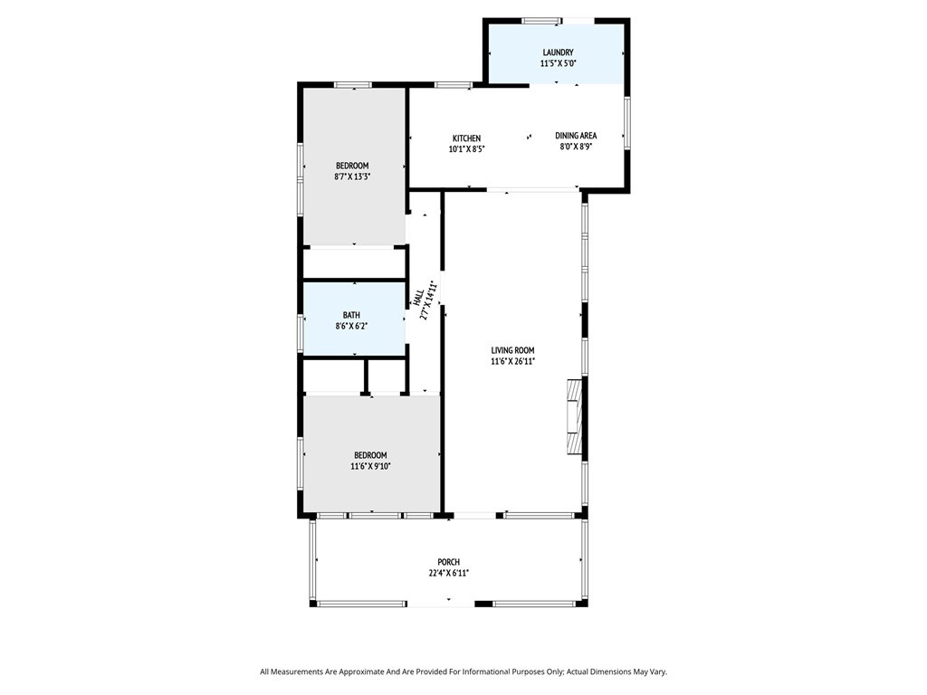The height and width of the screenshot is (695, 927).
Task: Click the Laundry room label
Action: [x=558, y=52]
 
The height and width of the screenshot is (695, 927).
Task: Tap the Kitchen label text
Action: [x=466, y=138]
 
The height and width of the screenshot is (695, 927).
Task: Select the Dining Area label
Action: [x=576, y=136]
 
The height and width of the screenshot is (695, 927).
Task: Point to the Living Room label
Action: [x=512, y=350]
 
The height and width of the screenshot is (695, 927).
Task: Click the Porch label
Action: [x=449, y=562]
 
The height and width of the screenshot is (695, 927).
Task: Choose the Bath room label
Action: [x=351, y=315]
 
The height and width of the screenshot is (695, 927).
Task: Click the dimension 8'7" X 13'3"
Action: [x=352, y=176]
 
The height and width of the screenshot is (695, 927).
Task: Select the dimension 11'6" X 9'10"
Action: [x=370, y=466]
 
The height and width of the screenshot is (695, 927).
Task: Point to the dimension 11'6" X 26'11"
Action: [x=512, y=362]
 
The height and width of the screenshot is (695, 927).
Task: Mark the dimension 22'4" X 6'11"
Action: [x=449, y=573]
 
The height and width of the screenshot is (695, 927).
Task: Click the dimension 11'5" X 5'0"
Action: [x=558, y=63]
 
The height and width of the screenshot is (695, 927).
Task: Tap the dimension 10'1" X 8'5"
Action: [x=466, y=149]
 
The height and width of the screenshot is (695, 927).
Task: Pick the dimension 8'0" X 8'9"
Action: [x=576, y=147]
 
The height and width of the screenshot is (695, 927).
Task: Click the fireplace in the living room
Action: [x=574, y=417]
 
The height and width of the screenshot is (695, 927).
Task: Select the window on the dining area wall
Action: [x=626, y=122]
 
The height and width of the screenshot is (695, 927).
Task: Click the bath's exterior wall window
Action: [x=301, y=326]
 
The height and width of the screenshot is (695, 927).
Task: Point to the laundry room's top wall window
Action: [x=541, y=22]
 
